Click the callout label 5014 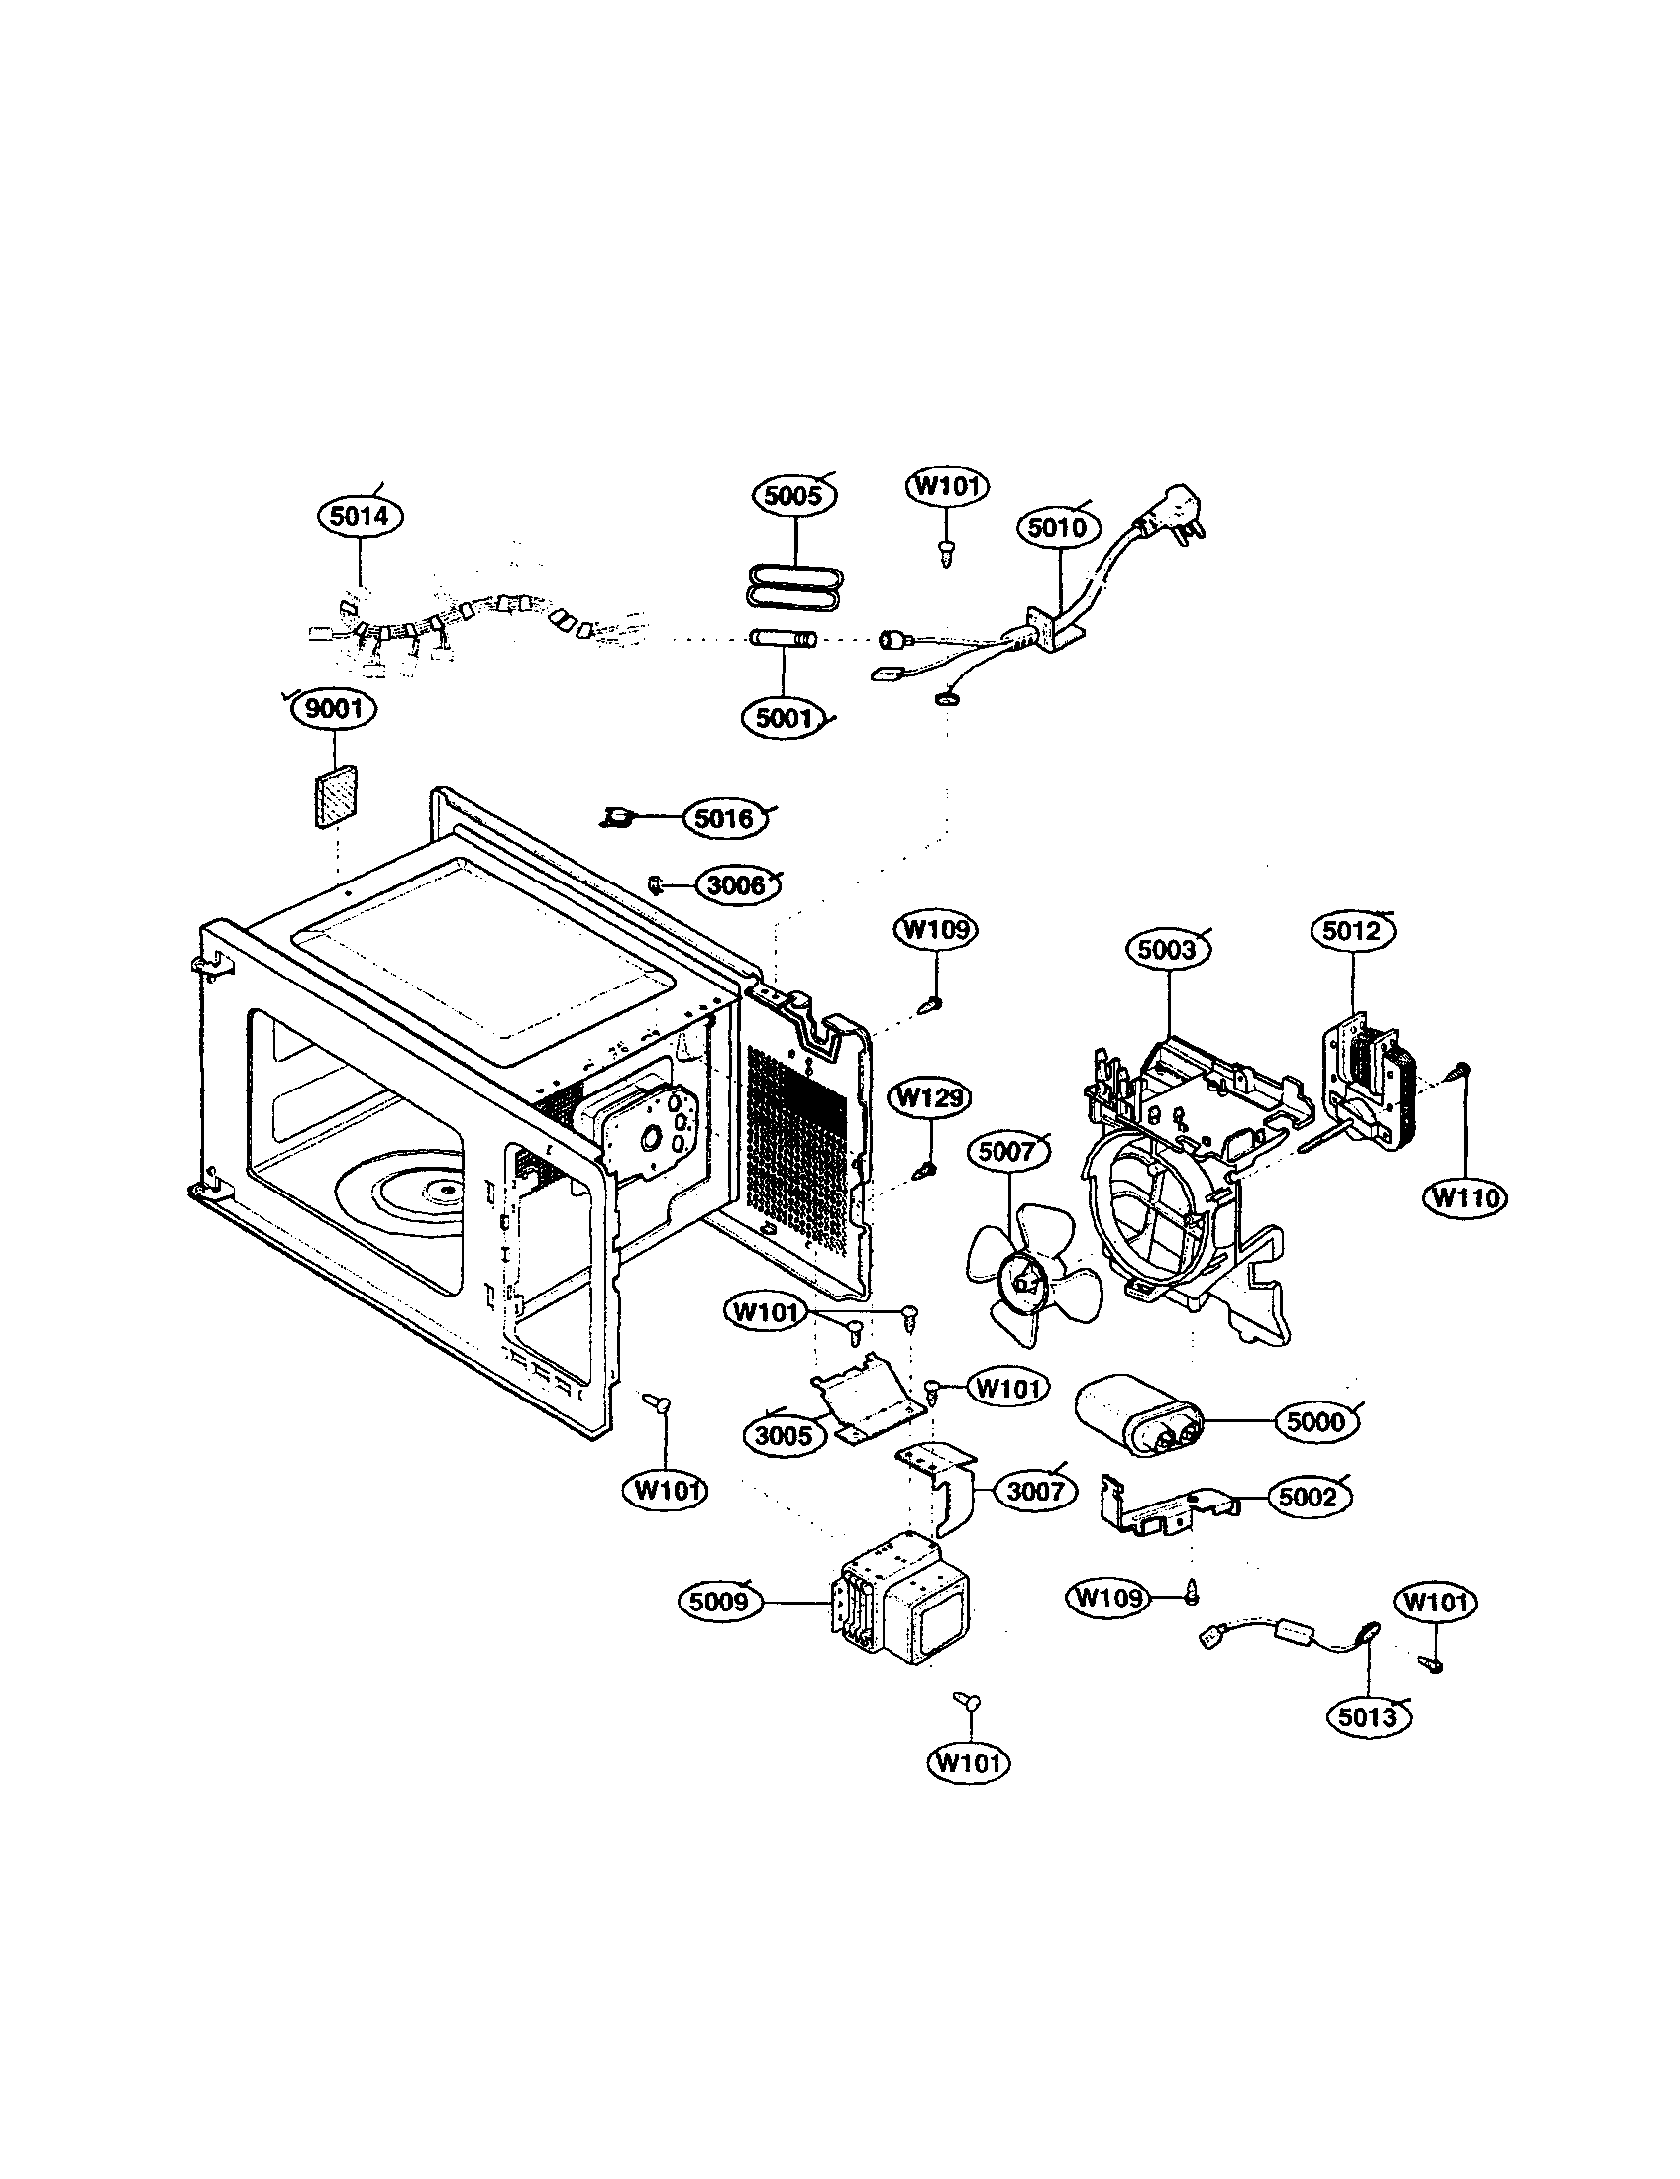(x=360, y=516)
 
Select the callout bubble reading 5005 (x=794, y=496)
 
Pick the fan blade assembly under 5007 (x=1027, y=1279)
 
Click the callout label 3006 (x=736, y=884)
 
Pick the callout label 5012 (x=1352, y=931)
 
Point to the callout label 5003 (x=1166, y=949)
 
